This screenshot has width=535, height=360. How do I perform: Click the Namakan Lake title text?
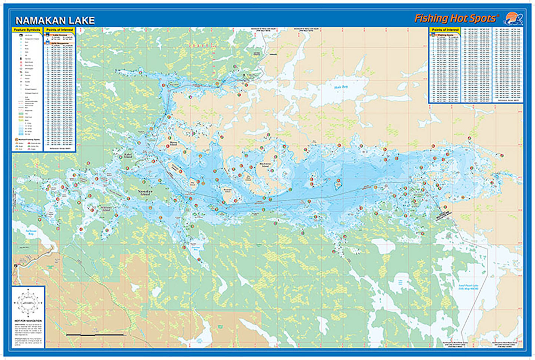click(x=55, y=20)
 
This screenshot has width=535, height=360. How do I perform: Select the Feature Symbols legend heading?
click(x=27, y=30)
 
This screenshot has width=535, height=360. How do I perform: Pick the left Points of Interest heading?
click(x=60, y=30)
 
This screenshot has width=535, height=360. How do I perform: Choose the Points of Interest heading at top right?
click(x=445, y=30)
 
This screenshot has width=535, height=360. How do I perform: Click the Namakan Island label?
click(x=144, y=192)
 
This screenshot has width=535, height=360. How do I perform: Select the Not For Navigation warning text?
click(x=29, y=321)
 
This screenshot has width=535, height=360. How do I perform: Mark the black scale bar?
click(x=87, y=334)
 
